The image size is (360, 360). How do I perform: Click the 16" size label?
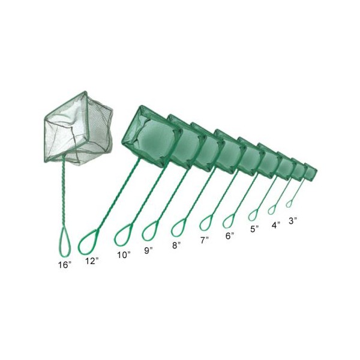click(65, 265)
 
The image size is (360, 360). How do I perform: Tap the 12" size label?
click(92, 261)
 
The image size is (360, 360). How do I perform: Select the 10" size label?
click(124, 255)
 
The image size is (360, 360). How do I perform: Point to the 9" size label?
click(148, 250)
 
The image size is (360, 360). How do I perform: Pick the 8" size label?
click(176, 245)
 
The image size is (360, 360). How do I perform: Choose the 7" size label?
click(205, 241)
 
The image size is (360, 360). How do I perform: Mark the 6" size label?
click(230, 236)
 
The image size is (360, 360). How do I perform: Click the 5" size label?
click(254, 229)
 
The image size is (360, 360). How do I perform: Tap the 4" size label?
click(276, 225)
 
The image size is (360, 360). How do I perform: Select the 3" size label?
click(293, 221)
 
